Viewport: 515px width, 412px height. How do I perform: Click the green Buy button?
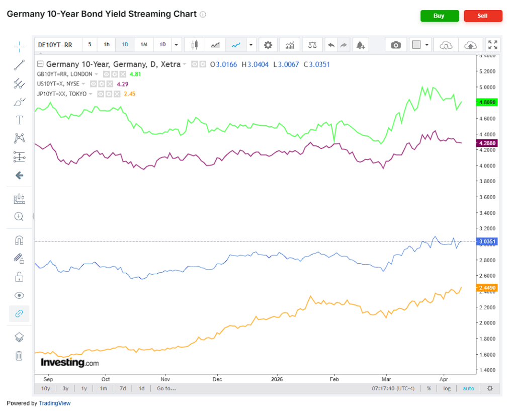click(439, 16)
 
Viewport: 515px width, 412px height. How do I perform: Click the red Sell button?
click(482, 16)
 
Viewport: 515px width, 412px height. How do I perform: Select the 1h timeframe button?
click(107, 45)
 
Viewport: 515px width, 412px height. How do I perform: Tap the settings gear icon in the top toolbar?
click(268, 45)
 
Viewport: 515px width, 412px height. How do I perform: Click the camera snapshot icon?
click(396, 45)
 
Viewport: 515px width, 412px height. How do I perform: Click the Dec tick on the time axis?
click(217, 379)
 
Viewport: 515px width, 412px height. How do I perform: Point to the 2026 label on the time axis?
click(277, 379)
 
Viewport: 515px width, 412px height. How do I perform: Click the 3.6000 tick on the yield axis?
click(489, 197)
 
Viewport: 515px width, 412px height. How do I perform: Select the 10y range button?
click(45, 388)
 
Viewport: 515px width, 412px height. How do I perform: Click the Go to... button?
click(166, 388)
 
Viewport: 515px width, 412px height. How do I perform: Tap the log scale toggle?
click(447, 388)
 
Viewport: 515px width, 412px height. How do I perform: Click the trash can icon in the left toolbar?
click(19, 356)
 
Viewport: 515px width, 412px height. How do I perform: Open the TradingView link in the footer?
click(55, 403)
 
